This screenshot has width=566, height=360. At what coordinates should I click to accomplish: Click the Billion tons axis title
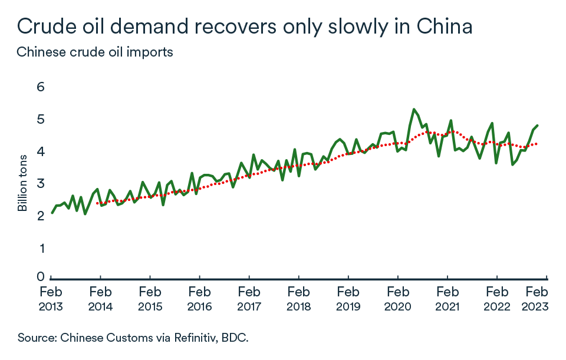22,183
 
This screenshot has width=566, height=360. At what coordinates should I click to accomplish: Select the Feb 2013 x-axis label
51,299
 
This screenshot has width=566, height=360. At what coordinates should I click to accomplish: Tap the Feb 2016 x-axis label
200,299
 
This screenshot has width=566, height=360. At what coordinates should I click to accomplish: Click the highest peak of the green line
414,109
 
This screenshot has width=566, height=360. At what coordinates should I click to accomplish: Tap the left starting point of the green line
52,213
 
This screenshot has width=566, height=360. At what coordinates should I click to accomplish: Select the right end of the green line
538,125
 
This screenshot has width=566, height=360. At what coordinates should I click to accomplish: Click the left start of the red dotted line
97,203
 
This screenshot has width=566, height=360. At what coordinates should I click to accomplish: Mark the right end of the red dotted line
537,144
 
